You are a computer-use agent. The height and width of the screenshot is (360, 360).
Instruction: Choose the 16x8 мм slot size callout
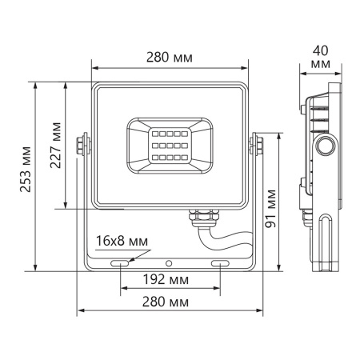(122, 240)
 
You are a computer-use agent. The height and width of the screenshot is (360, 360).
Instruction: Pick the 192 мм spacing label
(169, 280)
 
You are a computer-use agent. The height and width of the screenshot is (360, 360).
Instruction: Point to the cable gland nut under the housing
(196, 216)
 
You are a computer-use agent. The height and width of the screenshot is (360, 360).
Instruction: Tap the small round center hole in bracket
(169, 262)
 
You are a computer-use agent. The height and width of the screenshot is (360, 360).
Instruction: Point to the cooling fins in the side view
(317, 116)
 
